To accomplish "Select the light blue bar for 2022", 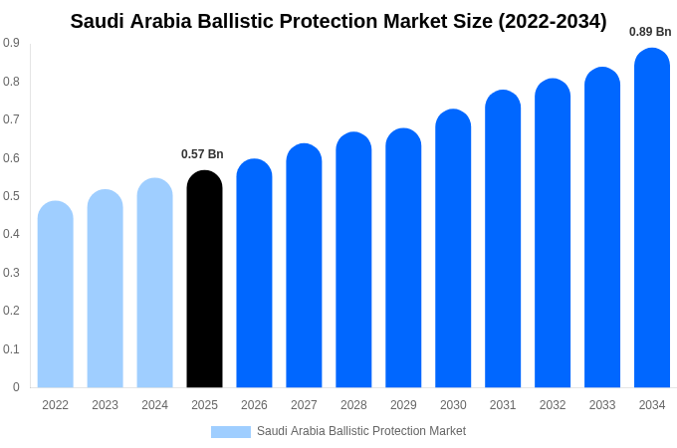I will [56, 295].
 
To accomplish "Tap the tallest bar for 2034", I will [652, 219].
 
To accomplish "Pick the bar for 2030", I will [453, 249].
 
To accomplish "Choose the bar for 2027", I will [304, 266].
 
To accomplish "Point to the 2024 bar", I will [154, 283].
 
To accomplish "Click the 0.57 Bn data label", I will [202, 154].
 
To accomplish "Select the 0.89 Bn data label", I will [650, 32].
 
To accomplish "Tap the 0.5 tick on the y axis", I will [11, 196].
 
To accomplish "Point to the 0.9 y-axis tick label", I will [11, 43].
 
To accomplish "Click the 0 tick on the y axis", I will [16, 387].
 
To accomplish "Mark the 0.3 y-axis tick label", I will [11, 273].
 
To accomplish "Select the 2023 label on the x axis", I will [105, 405].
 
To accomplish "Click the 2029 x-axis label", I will [403, 405].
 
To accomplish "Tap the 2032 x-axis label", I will [553, 405].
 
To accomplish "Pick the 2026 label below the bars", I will [254, 405].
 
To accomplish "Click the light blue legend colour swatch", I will [230, 432].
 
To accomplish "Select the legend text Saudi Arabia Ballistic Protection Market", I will [361, 431].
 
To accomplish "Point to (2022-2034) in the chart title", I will [553, 21].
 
